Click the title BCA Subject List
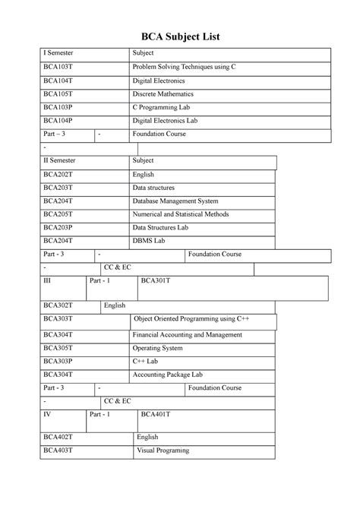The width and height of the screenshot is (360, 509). click(180, 36)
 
